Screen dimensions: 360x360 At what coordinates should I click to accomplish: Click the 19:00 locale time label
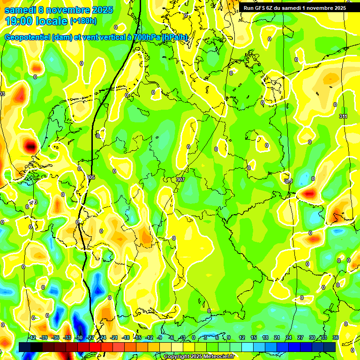(x=37, y=21)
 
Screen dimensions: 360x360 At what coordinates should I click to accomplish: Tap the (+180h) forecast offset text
(x=83, y=21)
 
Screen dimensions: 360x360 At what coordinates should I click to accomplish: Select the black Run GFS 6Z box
(x=294, y=8)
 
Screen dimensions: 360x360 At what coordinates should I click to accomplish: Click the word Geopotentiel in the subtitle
(x=27, y=37)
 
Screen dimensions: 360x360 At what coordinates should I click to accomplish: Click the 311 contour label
(x=343, y=116)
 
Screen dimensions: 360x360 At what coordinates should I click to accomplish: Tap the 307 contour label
(x=181, y=180)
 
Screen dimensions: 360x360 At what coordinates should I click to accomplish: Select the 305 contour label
(x=91, y=177)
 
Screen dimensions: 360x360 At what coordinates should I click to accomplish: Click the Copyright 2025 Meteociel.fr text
(x=199, y=357)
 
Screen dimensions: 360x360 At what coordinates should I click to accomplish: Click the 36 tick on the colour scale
(x=336, y=337)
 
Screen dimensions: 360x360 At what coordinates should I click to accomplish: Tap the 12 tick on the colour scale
(x=242, y=337)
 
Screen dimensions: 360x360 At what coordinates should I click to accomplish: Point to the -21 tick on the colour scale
(x=113, y=337)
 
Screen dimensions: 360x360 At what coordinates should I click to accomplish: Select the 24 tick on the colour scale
(x=289, y=337)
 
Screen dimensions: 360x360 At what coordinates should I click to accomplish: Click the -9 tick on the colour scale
(x=160, y=337)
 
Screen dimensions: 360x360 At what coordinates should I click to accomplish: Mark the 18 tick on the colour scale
(x=265, y=337)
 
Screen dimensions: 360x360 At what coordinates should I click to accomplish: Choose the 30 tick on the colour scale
(x=312, y=337)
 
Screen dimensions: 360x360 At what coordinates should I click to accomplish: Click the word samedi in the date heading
(x=19, y=10)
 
